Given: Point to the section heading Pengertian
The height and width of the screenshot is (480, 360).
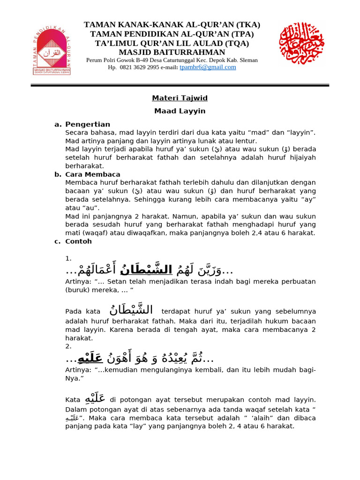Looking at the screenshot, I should pyautogui.click(x=88, y=124).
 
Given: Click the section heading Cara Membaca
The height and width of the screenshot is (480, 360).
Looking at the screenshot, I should pyautogui.click(x=93, y=174).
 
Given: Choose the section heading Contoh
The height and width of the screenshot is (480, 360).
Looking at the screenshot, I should pyautogui.click(x=79, y=241).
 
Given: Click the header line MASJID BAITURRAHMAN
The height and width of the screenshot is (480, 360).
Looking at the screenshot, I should pyautogui.click(x=172, y=52).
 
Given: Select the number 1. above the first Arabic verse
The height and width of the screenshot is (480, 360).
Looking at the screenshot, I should pyautogui.click(x=68, y=258).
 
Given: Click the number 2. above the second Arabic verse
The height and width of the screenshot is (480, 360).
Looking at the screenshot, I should pyautogui.click(x=68, y=346).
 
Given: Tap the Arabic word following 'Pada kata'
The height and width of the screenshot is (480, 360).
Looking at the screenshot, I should pyautogui.click(x=131, y=310).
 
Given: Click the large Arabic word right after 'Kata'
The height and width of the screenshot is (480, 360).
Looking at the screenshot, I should pyautogui.click(x=95, y=399).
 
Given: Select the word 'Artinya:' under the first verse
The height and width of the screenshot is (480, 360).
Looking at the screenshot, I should pyautogui.click(x=78, y=281).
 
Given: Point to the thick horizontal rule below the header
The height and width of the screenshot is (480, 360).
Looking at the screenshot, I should pyautogui.click(x=180, y=85).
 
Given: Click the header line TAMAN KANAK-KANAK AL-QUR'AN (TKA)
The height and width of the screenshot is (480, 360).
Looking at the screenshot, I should pyautogui.click(x=172, y=25).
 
